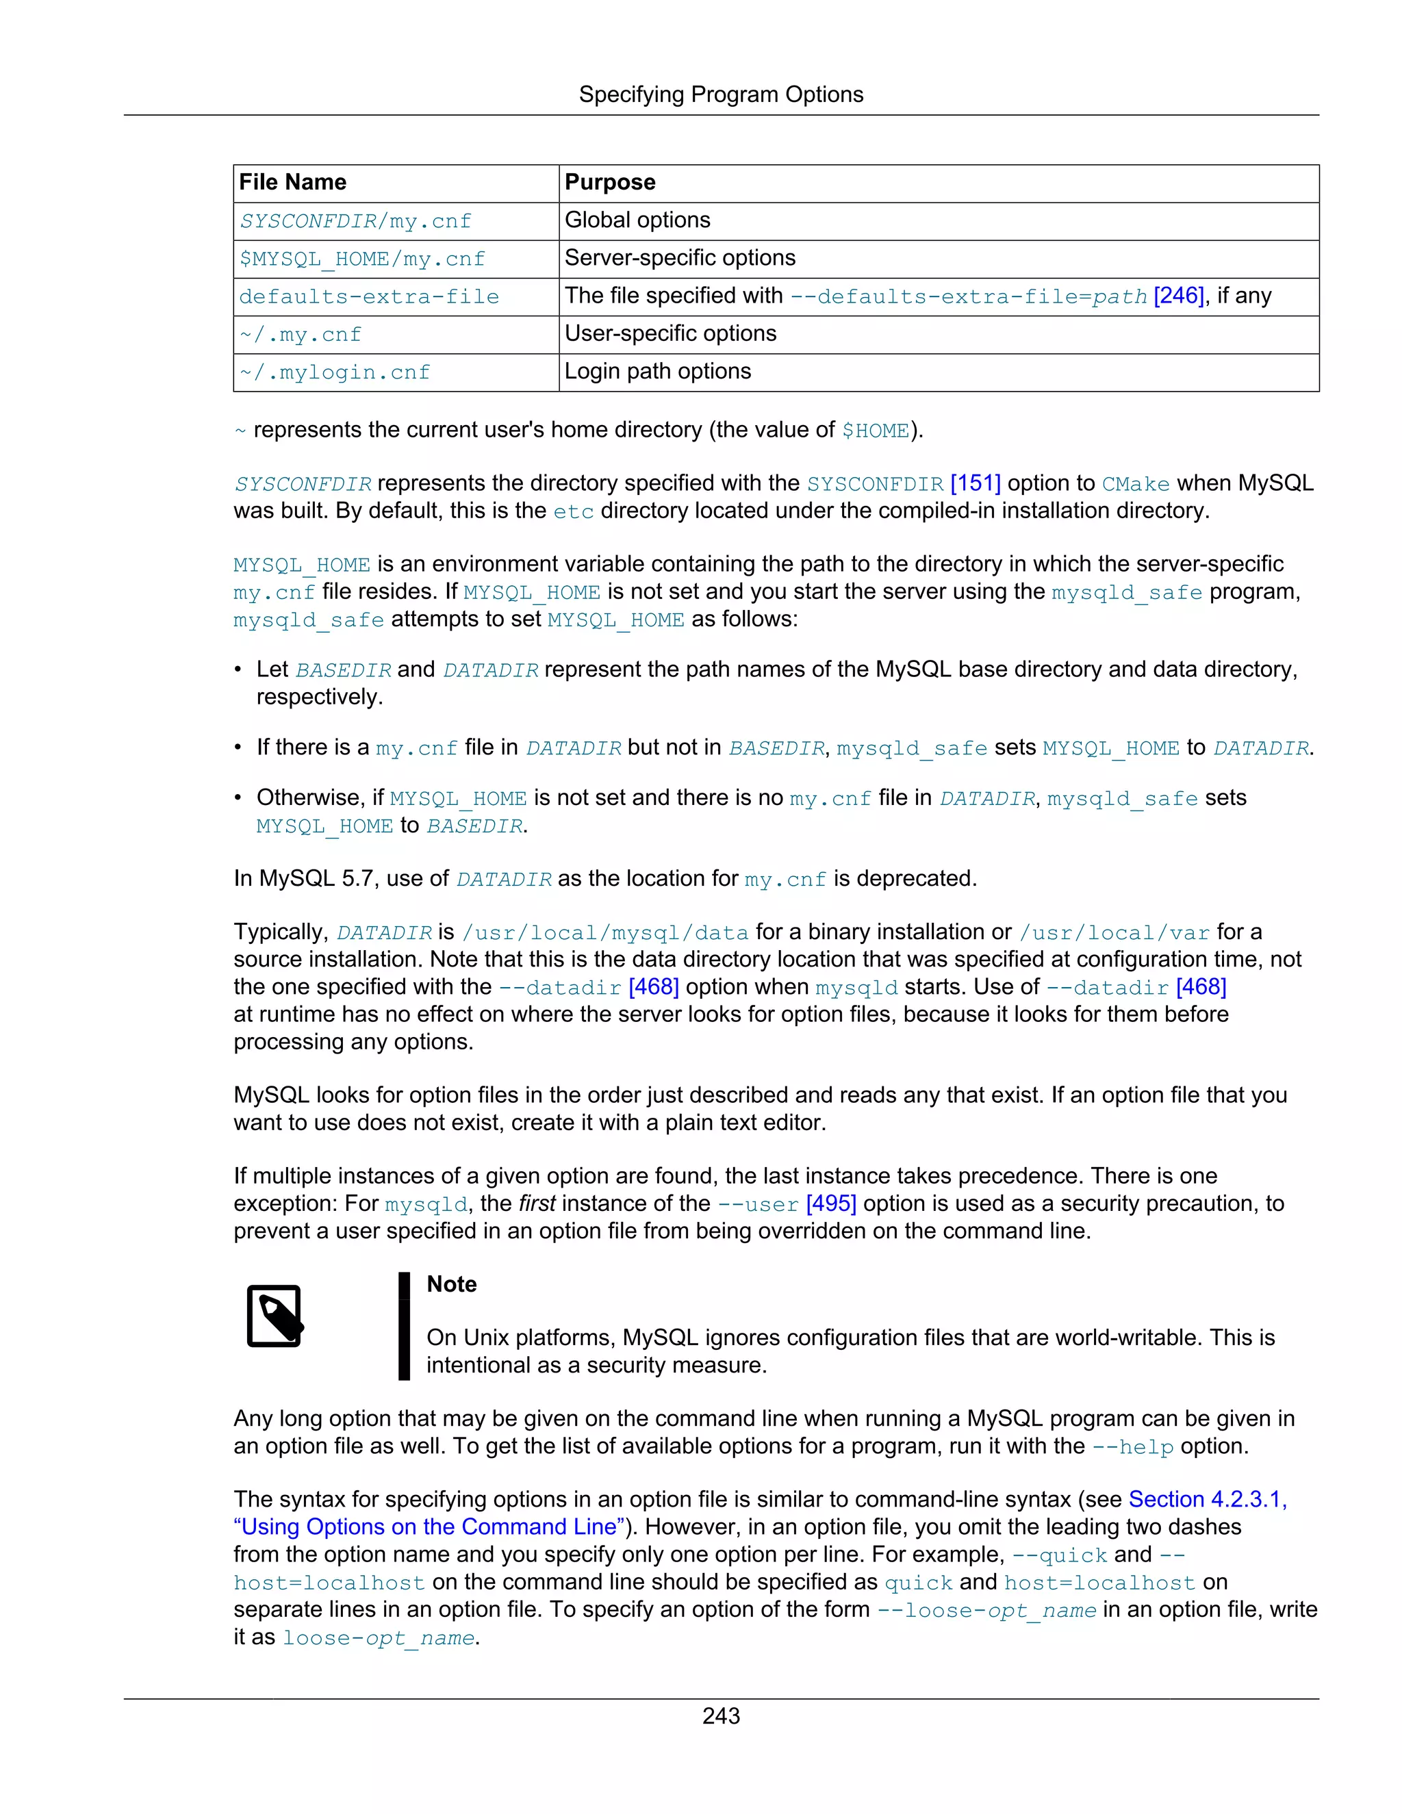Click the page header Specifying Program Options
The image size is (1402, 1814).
coord(720,94)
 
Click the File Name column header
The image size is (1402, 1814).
coord(292,182)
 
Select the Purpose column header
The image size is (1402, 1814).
coord(610,182)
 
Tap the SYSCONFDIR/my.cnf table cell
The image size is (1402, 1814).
coord(355,221)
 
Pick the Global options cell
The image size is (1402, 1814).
coord(637,220)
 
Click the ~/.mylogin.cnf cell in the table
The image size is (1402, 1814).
coord(335,372)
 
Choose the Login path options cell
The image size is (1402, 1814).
coord(657,371)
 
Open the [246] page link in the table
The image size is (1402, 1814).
coord(1179,296)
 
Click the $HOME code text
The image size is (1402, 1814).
coord(876,431)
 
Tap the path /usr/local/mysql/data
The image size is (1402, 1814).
coord(604,933)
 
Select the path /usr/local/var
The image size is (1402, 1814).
coord(1114,933)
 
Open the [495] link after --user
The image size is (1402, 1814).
coord(830,1203)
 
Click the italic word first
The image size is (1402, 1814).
coord(537,1203)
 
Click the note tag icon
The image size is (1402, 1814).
coord(274,1316)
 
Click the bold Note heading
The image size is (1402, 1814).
coord(451,1284)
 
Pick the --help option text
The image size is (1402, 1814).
coord(1132,1447)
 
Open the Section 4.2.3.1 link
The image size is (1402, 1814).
coord(1207,1499)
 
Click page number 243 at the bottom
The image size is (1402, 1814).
coord(720,1716)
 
